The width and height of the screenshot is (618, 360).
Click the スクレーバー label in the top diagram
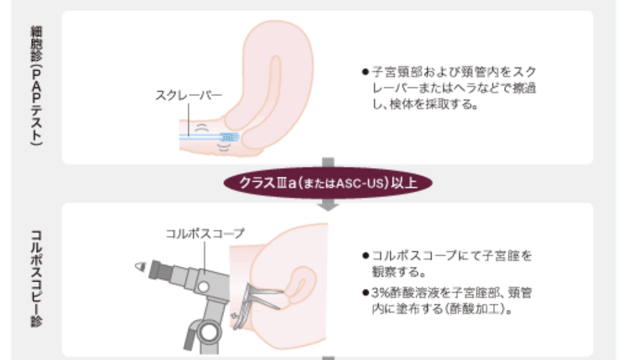[188, 95]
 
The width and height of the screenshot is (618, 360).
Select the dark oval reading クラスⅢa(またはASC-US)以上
[328, 182]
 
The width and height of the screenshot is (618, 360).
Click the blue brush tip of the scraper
[230, 137]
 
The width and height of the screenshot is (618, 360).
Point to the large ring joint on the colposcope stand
[208, 330]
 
